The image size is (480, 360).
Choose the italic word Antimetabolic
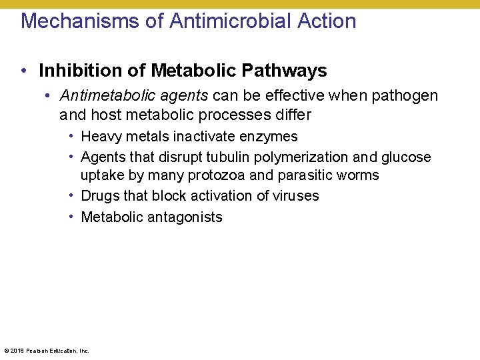pyautogui.click(x=100, y=96)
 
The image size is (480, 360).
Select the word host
pyautogui.click(x=105, y=115)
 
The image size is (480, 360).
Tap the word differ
pyautogui.click(x=291, y=115)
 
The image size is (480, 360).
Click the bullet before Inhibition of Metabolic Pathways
pyautogui.click(x=23, y=71)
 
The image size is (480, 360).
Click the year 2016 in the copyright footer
pyautogui.click(x=17, y=350)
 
